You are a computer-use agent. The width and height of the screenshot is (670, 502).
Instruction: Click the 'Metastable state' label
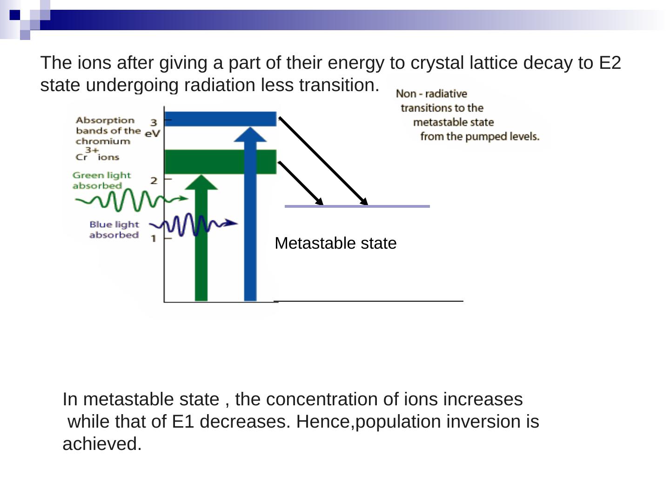pos(335,243)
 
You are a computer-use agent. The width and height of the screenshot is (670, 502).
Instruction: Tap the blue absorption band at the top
pos(220,119)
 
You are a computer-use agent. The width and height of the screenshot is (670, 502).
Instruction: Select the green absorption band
pos(220,162)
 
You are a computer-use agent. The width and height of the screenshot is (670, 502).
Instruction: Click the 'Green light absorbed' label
pos(101,180)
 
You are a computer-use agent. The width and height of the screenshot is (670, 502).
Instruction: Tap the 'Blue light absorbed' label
pos(114,230)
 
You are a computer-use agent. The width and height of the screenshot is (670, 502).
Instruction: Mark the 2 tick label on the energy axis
pos(154,180)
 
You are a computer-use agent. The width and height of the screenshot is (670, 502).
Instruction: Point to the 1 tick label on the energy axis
pos(153,239)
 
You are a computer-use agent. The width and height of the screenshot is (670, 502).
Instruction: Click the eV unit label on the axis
pos(152,133)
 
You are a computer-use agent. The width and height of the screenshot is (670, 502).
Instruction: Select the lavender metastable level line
pos(357,206)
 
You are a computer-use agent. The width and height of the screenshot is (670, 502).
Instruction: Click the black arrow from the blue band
pos(323,161)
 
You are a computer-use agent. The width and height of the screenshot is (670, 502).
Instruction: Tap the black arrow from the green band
pos(300,183)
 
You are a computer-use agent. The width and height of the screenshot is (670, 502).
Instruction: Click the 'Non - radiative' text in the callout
pos(431,94)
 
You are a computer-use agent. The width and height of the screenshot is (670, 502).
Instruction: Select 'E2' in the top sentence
pos(610,63)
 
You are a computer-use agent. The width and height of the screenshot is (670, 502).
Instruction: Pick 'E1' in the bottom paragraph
pos(183,422)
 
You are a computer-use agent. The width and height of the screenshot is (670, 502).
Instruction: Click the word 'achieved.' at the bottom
pos(102,444)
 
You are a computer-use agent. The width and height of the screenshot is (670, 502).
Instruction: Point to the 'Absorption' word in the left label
pos(105,120)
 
